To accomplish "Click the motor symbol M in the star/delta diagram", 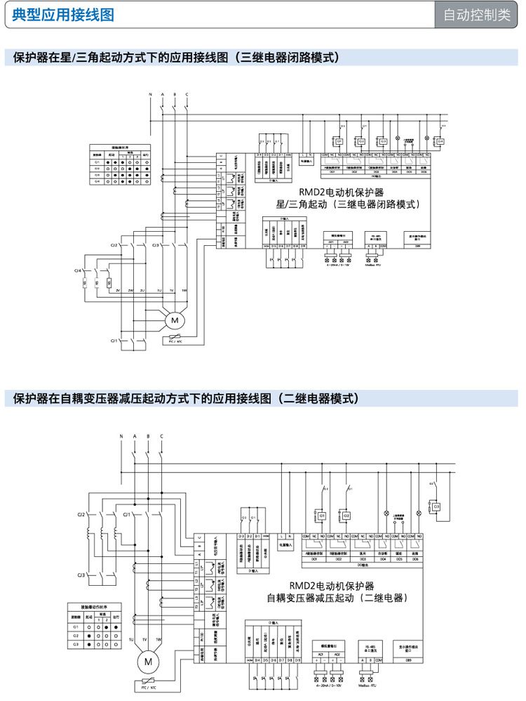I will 172,321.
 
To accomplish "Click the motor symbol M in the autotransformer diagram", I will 148,661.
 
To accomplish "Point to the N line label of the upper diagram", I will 150,94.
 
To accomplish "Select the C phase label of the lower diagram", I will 161,437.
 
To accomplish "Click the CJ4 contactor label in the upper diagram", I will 79,270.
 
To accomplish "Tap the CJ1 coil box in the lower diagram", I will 322,516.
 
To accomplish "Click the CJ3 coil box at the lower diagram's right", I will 436,506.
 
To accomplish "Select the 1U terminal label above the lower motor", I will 131,639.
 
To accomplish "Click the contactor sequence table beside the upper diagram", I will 120,166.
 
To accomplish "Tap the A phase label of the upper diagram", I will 163,94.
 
